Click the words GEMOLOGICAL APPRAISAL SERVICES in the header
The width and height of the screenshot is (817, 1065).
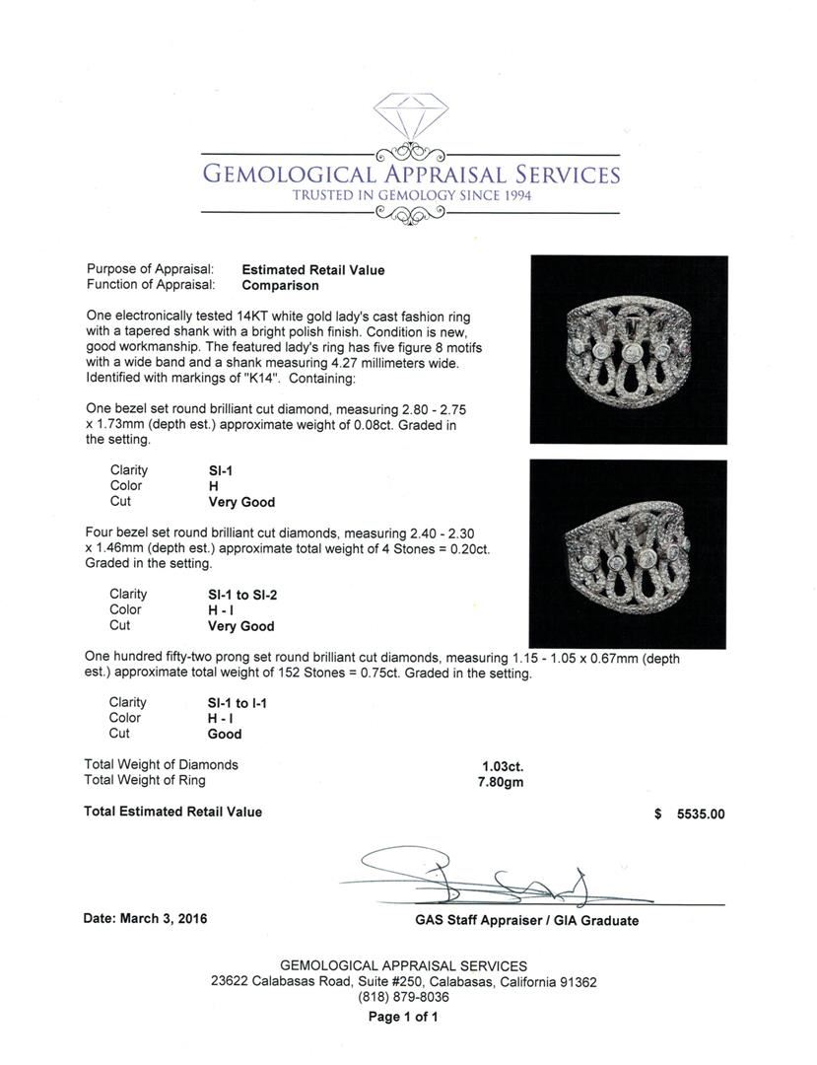(x=411, y=176)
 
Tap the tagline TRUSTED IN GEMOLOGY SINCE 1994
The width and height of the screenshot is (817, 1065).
(x=411, y=196)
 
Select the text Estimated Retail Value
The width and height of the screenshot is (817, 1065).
(x=313, y=270)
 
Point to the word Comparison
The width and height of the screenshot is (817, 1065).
(x=281, y=286)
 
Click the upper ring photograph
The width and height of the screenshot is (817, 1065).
(x=629, y=350)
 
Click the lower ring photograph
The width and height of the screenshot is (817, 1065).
(x=628, y=553)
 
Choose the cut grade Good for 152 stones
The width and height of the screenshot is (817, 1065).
(x=225, y=735)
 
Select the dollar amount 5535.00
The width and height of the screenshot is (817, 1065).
(x=701, y=815)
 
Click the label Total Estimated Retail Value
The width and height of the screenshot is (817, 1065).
(x=173, y=812)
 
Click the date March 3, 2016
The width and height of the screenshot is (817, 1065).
(x=146, y=918)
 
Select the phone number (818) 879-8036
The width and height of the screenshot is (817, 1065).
(x=403, y=997)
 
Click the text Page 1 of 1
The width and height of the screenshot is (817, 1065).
(x=403, y=1017)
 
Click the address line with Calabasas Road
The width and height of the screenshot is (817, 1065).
(x=403, y=982)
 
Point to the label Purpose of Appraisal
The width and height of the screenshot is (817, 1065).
(x=150, y=270)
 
